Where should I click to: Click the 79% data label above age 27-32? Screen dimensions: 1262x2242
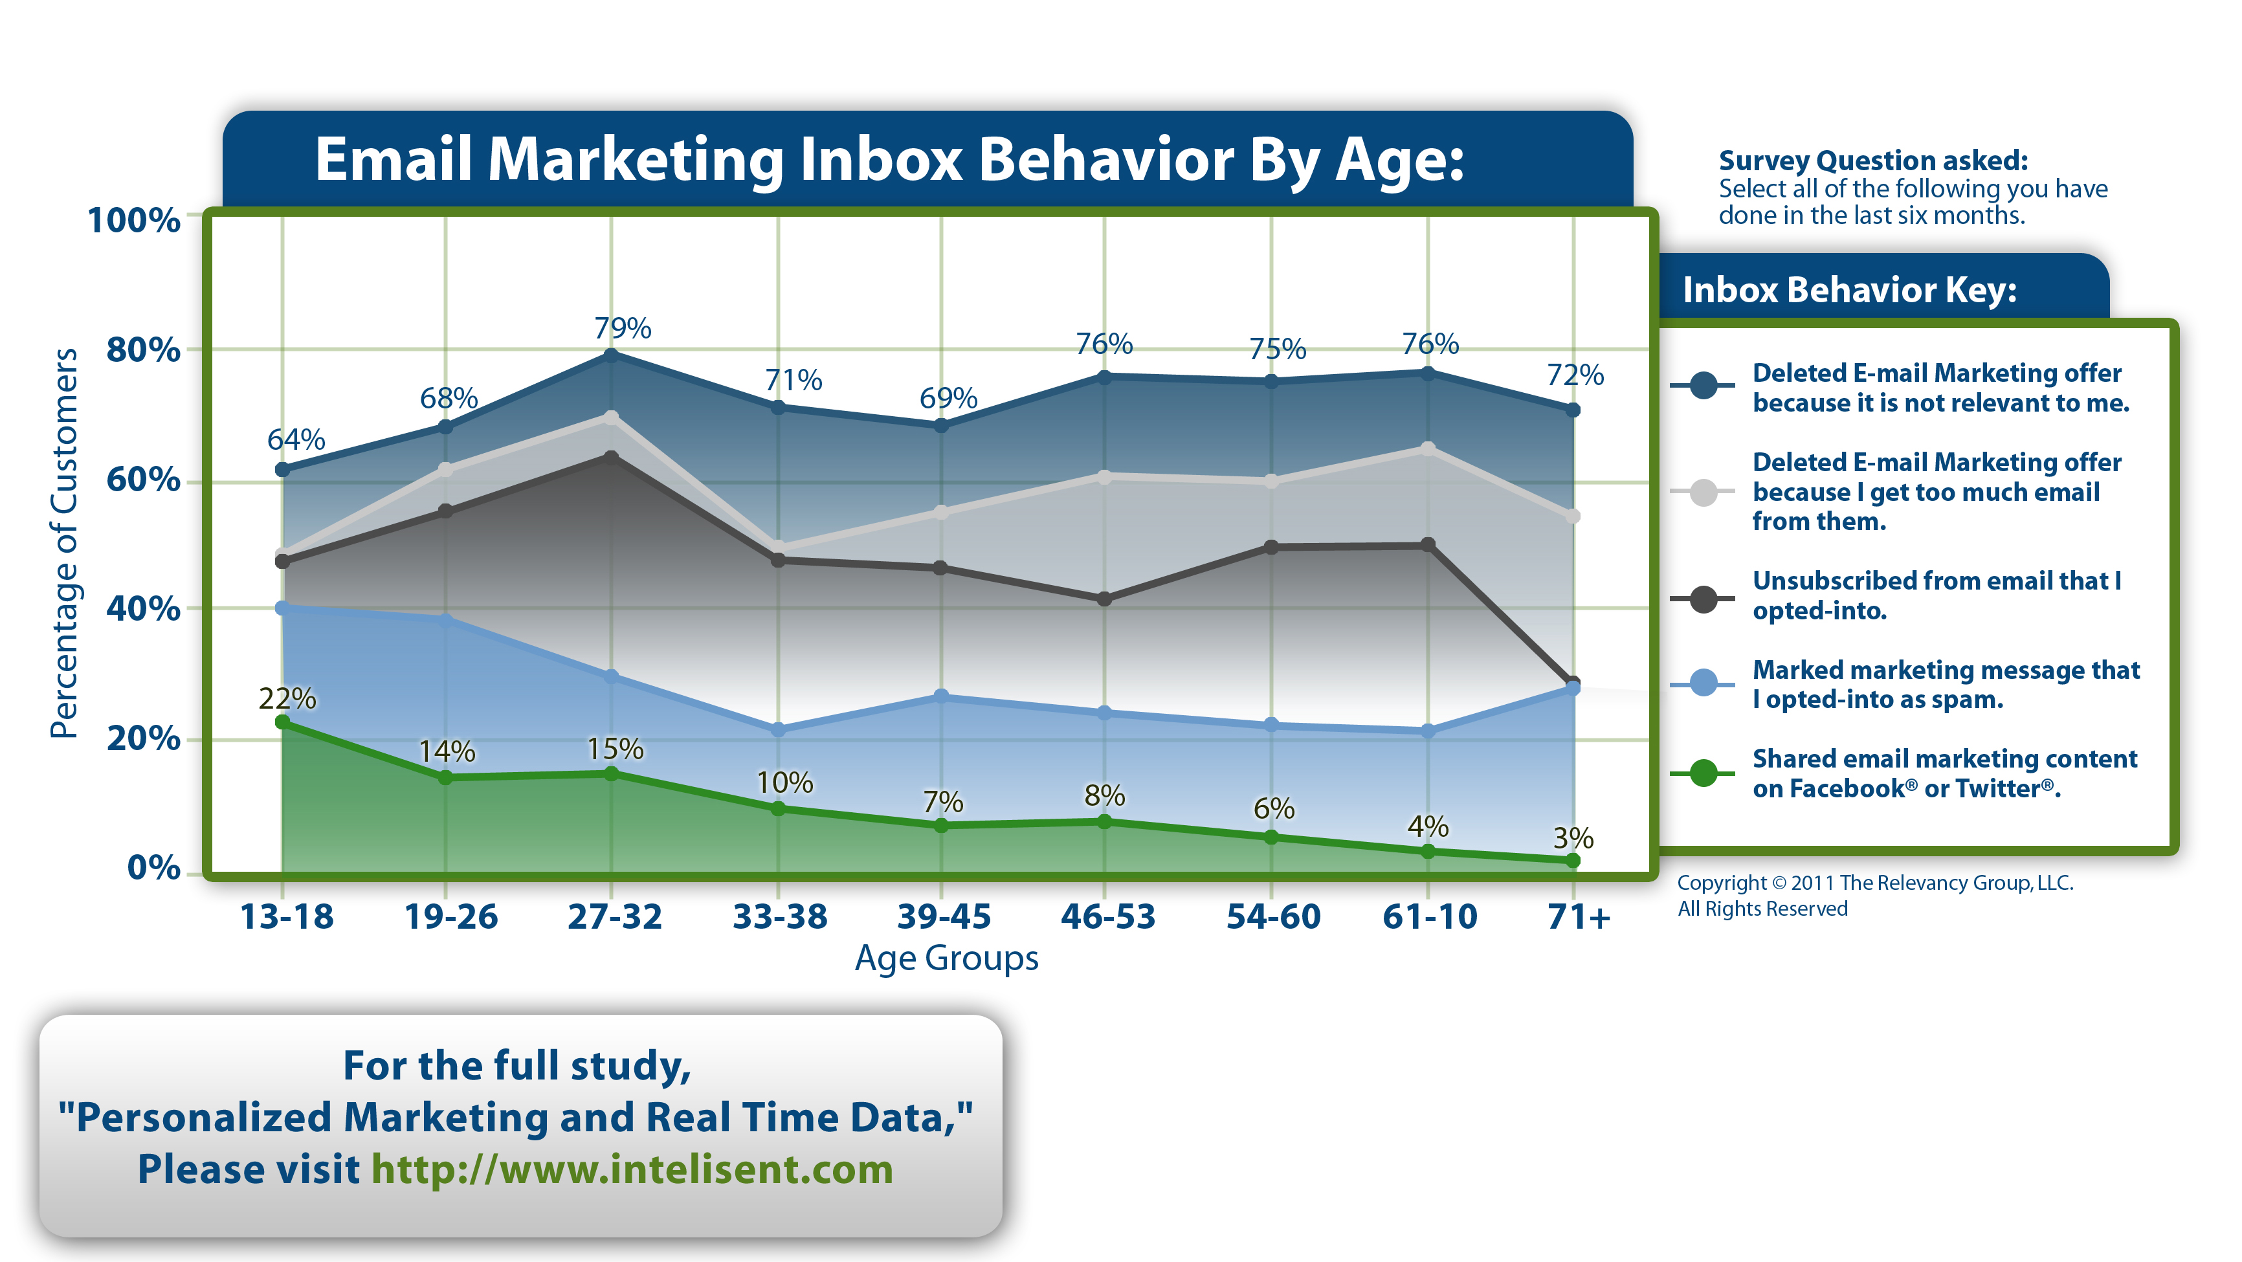[622, 328]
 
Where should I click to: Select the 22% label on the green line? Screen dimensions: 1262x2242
[287, 698]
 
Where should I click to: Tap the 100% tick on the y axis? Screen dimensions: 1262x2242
[134, 219]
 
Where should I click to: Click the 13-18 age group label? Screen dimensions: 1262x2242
[286, 916]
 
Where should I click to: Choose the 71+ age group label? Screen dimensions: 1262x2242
[1579, 916]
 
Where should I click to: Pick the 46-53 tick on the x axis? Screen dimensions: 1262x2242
[1107, 916]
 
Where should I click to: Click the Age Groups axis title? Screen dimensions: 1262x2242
[946, 958]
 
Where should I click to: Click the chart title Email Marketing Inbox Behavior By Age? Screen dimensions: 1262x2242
[889, 159]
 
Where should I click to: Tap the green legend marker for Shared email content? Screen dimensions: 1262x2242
[1704, 773]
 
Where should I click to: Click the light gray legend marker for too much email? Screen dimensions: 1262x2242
[1704, 492]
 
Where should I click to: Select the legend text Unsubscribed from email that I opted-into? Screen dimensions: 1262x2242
[1936, 595]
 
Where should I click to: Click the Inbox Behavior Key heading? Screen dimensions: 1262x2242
[1850, 290]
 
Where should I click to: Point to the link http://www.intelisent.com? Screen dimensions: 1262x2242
[632, 1169]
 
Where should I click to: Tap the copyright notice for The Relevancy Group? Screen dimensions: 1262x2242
[1875, 894]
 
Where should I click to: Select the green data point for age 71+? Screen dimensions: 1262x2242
[1573, 861]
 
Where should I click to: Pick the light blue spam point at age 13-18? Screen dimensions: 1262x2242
[282, 608]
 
